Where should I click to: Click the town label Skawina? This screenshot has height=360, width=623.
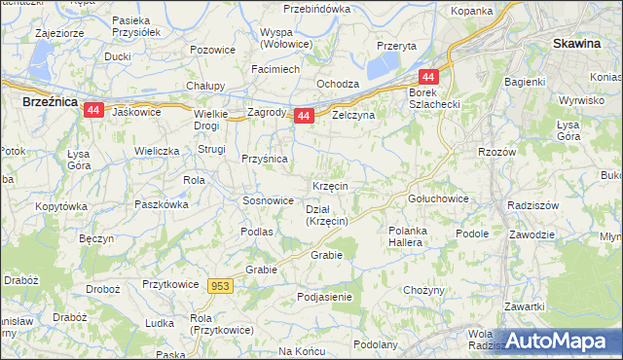[575, 43]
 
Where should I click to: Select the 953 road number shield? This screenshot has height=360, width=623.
[220, 285]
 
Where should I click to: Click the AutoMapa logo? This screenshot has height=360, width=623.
[557, 342]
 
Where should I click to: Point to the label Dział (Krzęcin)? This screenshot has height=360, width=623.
[327, 215]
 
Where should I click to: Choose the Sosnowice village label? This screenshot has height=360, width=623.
[268, 200]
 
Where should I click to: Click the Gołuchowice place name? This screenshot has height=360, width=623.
[438, 198]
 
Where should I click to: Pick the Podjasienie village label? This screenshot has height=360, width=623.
[325, 297]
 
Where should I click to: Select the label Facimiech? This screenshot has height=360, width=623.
[275, 70]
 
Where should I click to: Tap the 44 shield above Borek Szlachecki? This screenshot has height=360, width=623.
[428, 77]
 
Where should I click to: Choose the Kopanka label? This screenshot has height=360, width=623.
[472, 11]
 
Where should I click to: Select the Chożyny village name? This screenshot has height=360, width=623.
[423, 290]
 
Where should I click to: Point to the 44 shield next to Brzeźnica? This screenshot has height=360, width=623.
[93, 111]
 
